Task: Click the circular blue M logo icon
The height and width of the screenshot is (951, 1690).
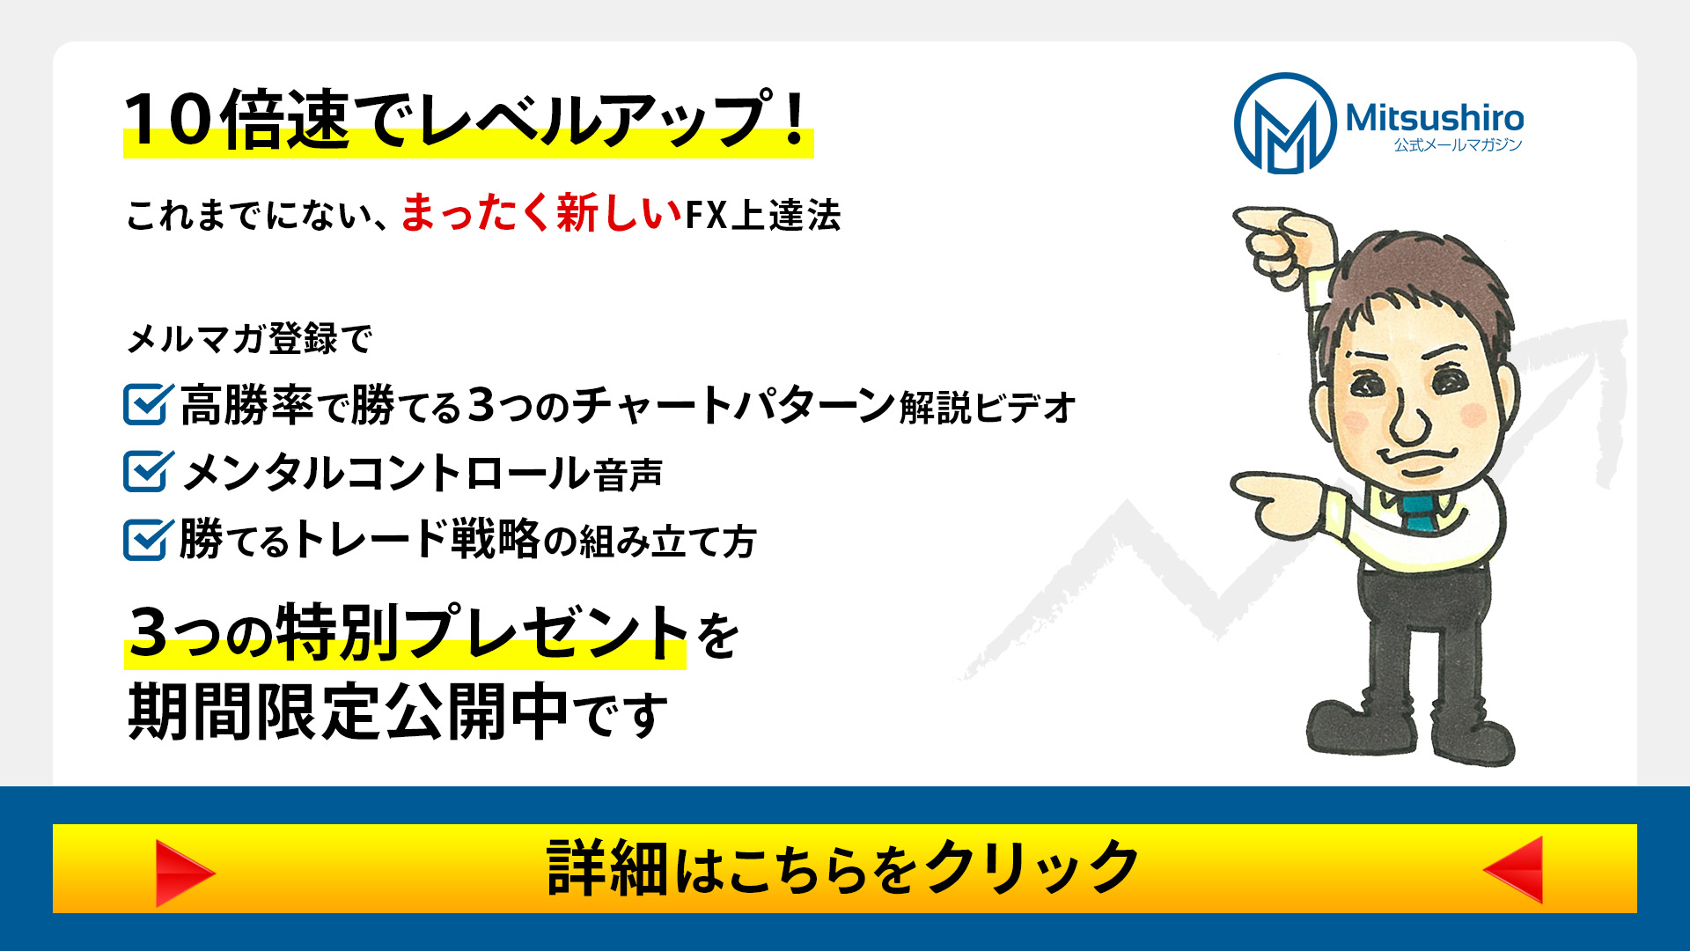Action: (1286, 123)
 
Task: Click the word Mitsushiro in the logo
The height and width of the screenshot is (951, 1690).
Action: (1435, 118)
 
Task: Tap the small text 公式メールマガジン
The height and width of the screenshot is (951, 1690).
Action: (1458, 145)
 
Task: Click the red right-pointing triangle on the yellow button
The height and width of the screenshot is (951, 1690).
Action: (185, 873)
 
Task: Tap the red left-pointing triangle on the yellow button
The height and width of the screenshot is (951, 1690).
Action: (1513, 870)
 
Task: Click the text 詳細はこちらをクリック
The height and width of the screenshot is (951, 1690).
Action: (843, 868)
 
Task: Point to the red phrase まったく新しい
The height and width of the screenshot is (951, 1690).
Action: (541, 213)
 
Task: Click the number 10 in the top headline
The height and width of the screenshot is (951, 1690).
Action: (169, 120)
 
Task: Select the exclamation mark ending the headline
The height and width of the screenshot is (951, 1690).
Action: (796, 118)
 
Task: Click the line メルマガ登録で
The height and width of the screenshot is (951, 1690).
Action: (250, 338)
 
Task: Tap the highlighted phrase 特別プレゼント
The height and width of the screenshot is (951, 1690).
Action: (481, 632)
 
